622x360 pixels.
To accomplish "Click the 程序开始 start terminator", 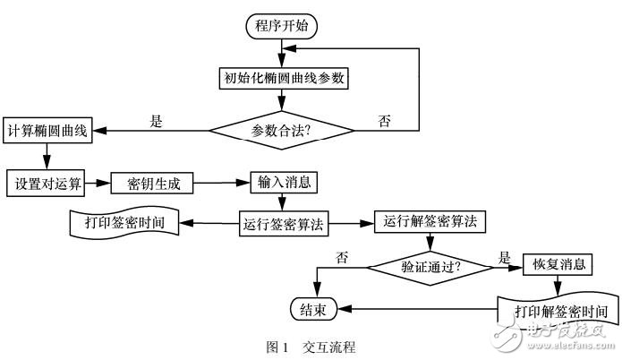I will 282,26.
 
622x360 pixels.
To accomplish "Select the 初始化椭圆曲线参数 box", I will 282,78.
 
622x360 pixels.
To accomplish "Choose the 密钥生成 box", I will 151,184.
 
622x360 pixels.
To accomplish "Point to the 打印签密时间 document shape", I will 125,222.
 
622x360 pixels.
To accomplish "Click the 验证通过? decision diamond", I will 431,266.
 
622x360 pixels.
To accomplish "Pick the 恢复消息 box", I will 558,265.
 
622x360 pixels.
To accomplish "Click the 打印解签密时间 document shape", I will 559,311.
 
